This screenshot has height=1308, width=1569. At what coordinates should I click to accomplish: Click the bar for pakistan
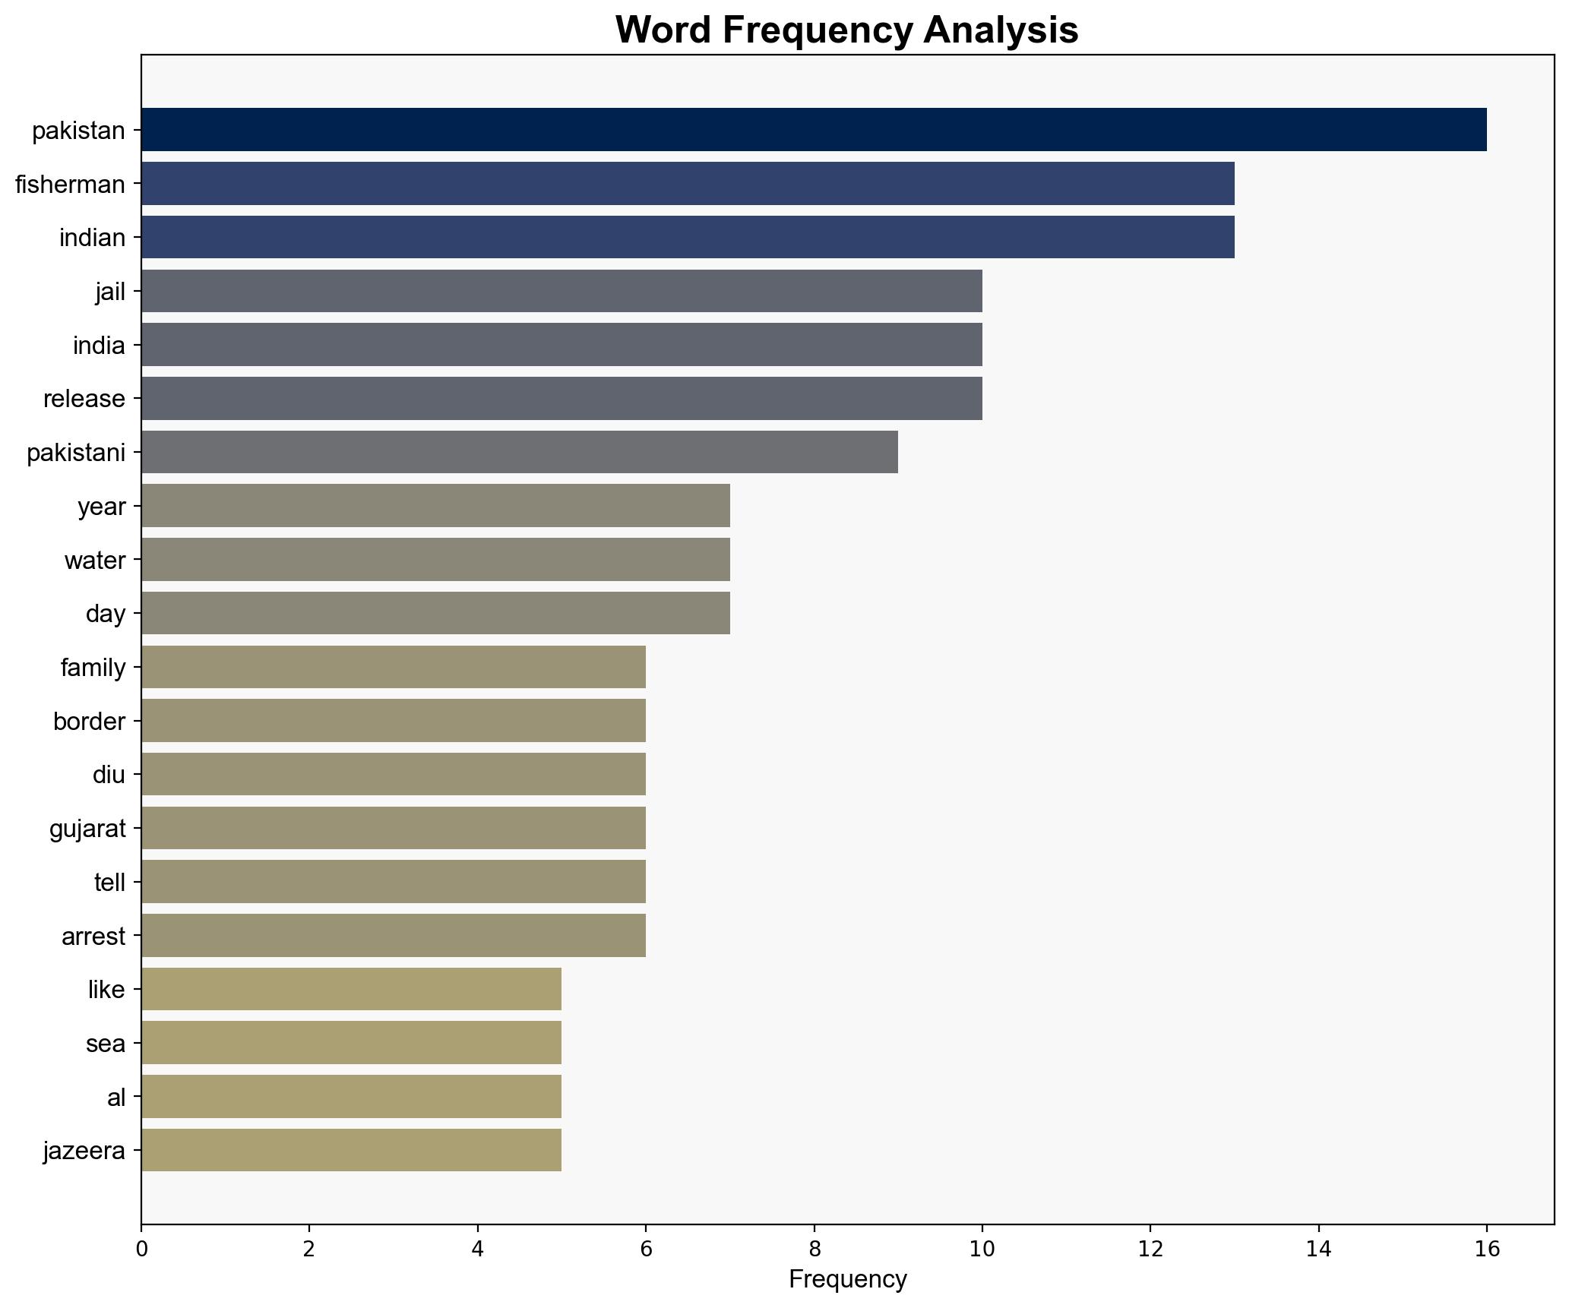(x=813, y=130)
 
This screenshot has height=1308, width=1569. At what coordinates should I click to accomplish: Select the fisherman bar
(x=688, y=184)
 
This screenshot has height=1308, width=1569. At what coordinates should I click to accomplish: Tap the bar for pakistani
(x=520, y=453)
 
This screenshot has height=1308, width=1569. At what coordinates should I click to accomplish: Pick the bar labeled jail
(x=561, y=291)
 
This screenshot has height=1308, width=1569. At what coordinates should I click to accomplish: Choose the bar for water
(x=435, y=560)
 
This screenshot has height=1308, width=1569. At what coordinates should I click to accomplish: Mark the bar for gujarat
(x=394, y=828)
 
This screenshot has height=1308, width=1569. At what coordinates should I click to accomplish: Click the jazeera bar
(x=351, y=1150)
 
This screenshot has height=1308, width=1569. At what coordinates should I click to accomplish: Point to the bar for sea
(x=351, y=1043)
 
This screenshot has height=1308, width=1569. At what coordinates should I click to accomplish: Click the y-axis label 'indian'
(x=92, y=238)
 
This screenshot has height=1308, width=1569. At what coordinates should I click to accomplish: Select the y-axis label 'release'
(x=84, y=399)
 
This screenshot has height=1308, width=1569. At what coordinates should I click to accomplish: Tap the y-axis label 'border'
(x=89, y=721)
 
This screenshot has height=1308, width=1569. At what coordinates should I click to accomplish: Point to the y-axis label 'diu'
(x=109, y=775)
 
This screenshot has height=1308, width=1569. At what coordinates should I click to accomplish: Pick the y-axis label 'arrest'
(x=93, y=936)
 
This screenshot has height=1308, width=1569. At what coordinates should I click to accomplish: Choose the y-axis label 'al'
(x=116, y=1097)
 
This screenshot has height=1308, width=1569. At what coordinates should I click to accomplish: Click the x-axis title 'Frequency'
(x=847, y=1280)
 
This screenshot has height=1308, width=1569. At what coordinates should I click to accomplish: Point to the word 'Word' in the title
(x=663, y=31)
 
